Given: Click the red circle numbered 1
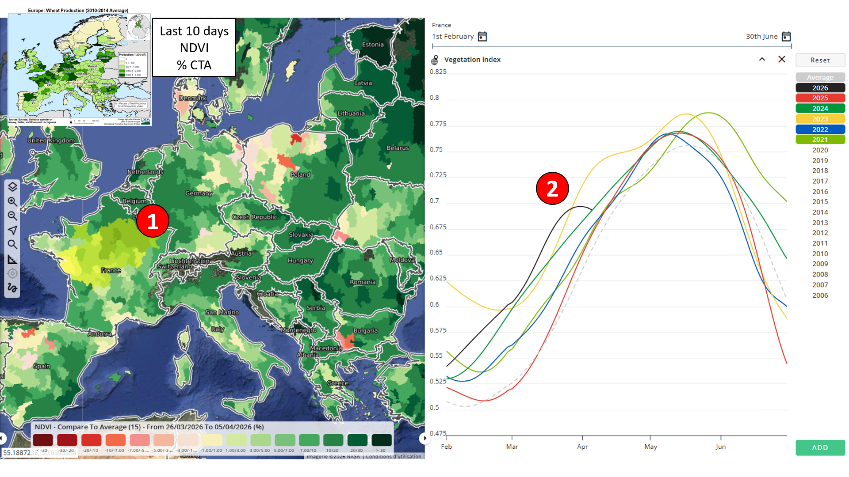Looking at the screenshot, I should click(x=153, y=221).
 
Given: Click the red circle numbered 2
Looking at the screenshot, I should click(x=552, y=189).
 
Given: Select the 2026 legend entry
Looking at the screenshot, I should click(x=820, y=88).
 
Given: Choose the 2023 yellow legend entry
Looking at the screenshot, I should click(x=820, y=119).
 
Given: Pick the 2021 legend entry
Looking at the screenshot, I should click(x=820, y=140).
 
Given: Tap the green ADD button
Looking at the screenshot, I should click(x=820, y=447).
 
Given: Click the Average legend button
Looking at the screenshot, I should click(x=820, y=77).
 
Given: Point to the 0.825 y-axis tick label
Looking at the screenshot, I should click(x=438, y=72).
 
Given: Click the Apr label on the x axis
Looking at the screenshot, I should click(x=582, y=447).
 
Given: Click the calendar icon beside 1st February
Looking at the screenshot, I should click(x=482, y=37).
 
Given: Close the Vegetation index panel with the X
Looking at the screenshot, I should click(x=782, y=59).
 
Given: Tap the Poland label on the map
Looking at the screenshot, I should click(x=300, y=174).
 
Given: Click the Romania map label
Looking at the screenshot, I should click(x=363, y=282).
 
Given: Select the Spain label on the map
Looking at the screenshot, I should click(x=42, y=366).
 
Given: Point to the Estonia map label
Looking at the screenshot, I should click(x=373, y=45).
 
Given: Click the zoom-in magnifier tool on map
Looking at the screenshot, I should click(x=12, y=201).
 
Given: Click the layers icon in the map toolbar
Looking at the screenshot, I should click(x=12, y=187).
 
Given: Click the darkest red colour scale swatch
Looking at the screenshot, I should click(x=43, y=440).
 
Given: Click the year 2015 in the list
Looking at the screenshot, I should click(x=820, y=201).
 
